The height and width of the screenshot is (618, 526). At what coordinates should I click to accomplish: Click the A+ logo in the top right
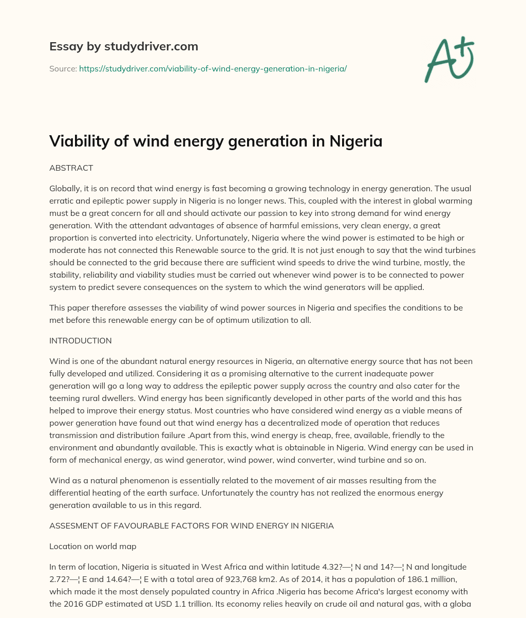click(448, 60)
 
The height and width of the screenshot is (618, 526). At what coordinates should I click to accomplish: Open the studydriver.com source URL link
click(213, 68)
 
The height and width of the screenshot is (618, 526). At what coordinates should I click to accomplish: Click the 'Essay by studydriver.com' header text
click(123, 46)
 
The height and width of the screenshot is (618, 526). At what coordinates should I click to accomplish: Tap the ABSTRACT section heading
click(71, 168)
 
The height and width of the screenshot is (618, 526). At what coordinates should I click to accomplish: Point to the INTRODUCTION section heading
click(80, 340)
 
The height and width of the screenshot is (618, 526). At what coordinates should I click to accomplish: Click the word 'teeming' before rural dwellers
click(64, 398)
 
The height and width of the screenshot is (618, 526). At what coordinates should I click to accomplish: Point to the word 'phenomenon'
click(149, 481)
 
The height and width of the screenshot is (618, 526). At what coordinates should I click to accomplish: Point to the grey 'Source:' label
click(63, 68)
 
